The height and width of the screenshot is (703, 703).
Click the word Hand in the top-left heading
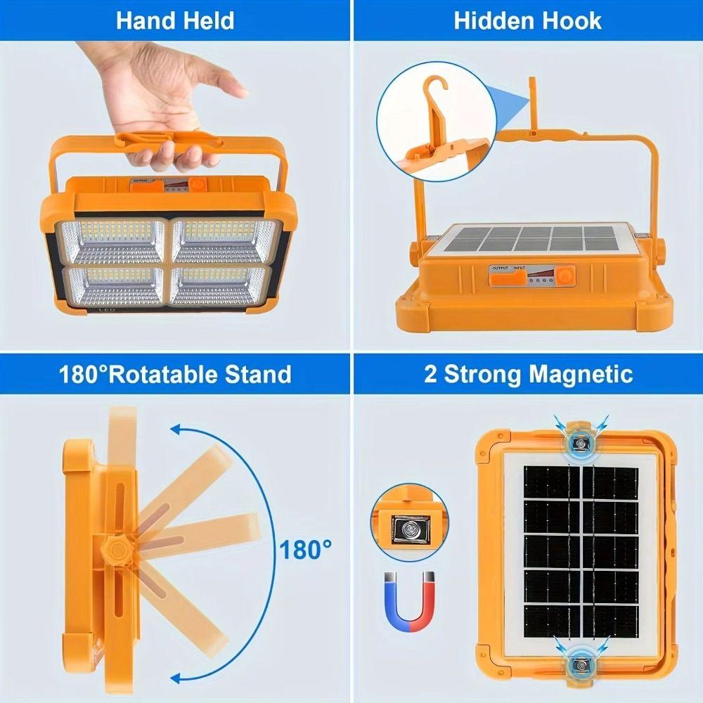[x=143, y=20]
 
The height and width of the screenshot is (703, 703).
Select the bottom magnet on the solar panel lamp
[x=580, y=661]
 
